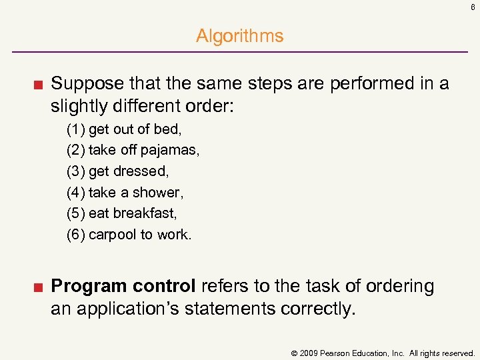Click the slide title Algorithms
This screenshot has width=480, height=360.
click(239, 36)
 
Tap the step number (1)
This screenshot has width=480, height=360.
click(75, 129)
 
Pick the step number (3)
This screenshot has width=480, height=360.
click(75, 171)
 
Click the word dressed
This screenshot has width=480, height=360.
click(141, 171)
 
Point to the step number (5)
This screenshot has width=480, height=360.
click(75, 213)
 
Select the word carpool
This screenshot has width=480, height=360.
click(112, 235)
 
